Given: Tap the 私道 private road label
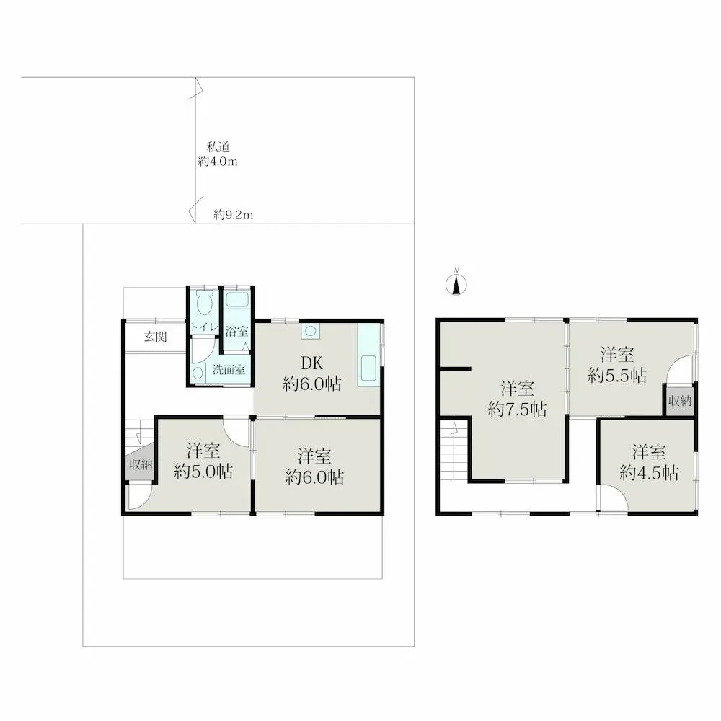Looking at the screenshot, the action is coord(218,147).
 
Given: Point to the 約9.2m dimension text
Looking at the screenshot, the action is coord(233,215).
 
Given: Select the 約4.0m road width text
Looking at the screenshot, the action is coord(218,162).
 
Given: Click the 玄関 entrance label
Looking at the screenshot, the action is coord(156,337).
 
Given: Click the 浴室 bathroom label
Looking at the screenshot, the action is coord(236,331).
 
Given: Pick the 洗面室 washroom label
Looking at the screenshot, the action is coord(229,369).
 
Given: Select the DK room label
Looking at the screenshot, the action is coord(311,363).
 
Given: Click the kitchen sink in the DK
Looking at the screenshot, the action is coord(368,368).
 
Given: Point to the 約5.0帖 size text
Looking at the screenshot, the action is coord(203,472).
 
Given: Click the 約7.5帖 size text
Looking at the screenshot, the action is coord(517,409).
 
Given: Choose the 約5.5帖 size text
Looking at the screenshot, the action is coord(618,375).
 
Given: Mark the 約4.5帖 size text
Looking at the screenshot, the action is coord(650,473).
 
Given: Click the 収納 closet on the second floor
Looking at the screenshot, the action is coord(680,400).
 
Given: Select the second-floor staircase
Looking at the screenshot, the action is coord(454,450).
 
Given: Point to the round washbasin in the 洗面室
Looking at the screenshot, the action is coord(198,373).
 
